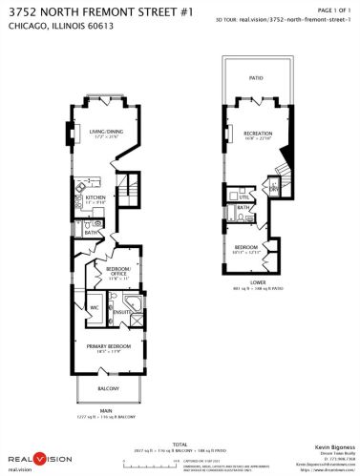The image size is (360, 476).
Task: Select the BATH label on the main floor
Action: [x=89, y=232]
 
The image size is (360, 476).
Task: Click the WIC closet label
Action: [x=95, y=307]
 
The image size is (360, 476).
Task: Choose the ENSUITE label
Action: [x=122, y=312]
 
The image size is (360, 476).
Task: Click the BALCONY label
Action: [x=109, y=389]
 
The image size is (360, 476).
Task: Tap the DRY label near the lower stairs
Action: [x=274, y=189]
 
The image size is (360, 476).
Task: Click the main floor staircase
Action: [x=127, y=188]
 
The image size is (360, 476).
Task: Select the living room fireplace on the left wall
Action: [x=70, y=133]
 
